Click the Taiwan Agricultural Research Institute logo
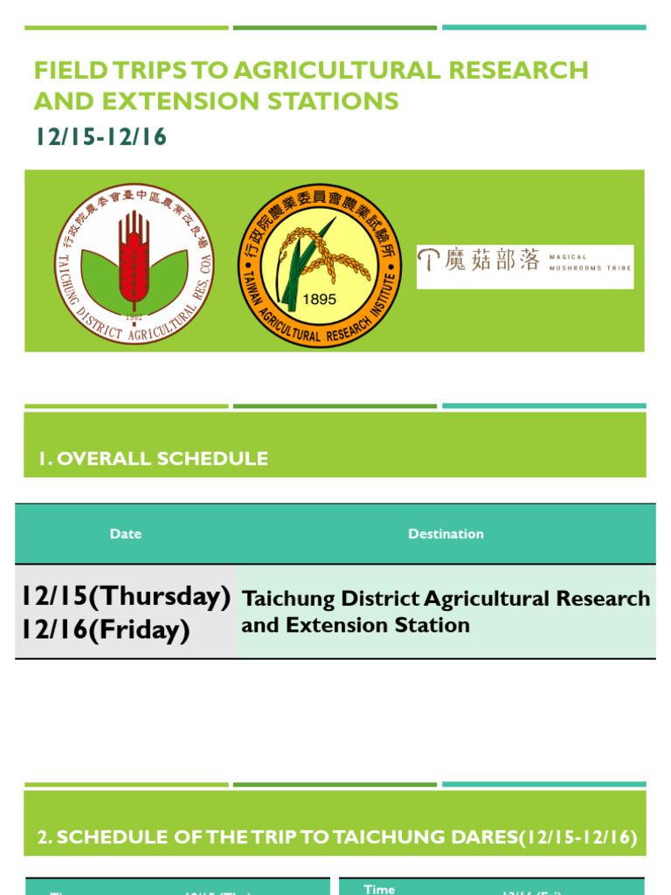click(320, 265)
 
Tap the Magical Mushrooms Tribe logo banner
click(524, 267)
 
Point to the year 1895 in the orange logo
click(319, 299)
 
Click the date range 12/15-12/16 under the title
click(100, 137)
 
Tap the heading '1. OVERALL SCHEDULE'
click(153, 459)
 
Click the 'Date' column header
click(126, 534)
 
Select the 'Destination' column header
click(446, 534)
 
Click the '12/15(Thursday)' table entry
click(127, 597)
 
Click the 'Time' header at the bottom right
click(379, 889)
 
